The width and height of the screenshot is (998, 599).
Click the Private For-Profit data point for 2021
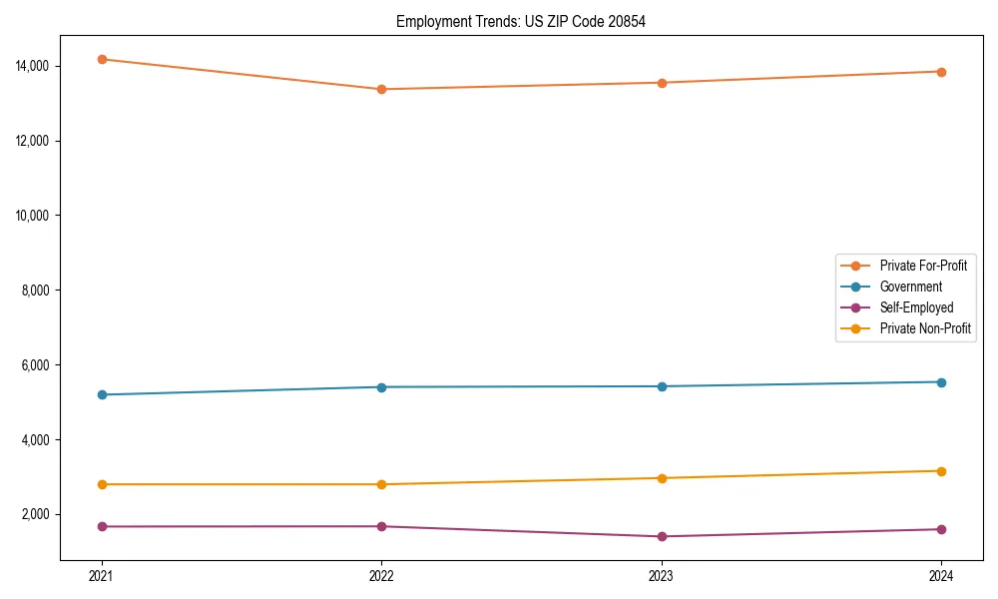101,59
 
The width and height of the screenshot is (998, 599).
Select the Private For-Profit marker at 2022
381,89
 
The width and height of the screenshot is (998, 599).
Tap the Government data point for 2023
662,386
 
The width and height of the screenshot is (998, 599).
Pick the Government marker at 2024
941,382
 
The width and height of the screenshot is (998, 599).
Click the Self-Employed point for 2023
662,536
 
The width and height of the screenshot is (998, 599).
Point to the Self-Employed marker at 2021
101,526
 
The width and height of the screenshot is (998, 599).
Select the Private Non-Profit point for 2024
941,471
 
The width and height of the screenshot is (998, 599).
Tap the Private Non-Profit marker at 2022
381,484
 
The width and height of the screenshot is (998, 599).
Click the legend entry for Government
910,287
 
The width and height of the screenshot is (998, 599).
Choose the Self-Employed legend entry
916,307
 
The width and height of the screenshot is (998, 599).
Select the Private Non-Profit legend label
925,328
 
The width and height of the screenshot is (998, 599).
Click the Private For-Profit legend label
923,266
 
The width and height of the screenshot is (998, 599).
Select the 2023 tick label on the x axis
662,575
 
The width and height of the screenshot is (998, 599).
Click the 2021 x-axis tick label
101,575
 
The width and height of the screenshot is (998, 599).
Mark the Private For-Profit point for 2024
941,72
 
